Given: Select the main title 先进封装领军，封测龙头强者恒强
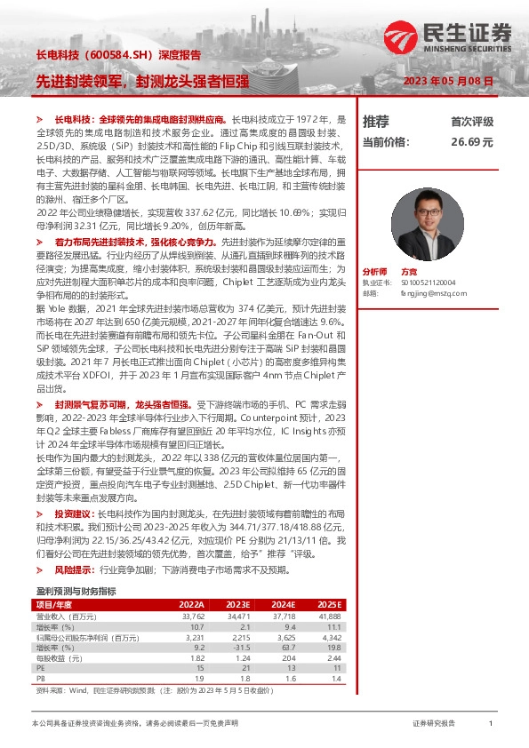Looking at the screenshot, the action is pyautogui.click(x=141, y=81).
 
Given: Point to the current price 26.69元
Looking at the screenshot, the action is pyautogui.click(x=471, y=141).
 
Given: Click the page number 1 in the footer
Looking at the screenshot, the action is pyautogui.click(x=491, y=724).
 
